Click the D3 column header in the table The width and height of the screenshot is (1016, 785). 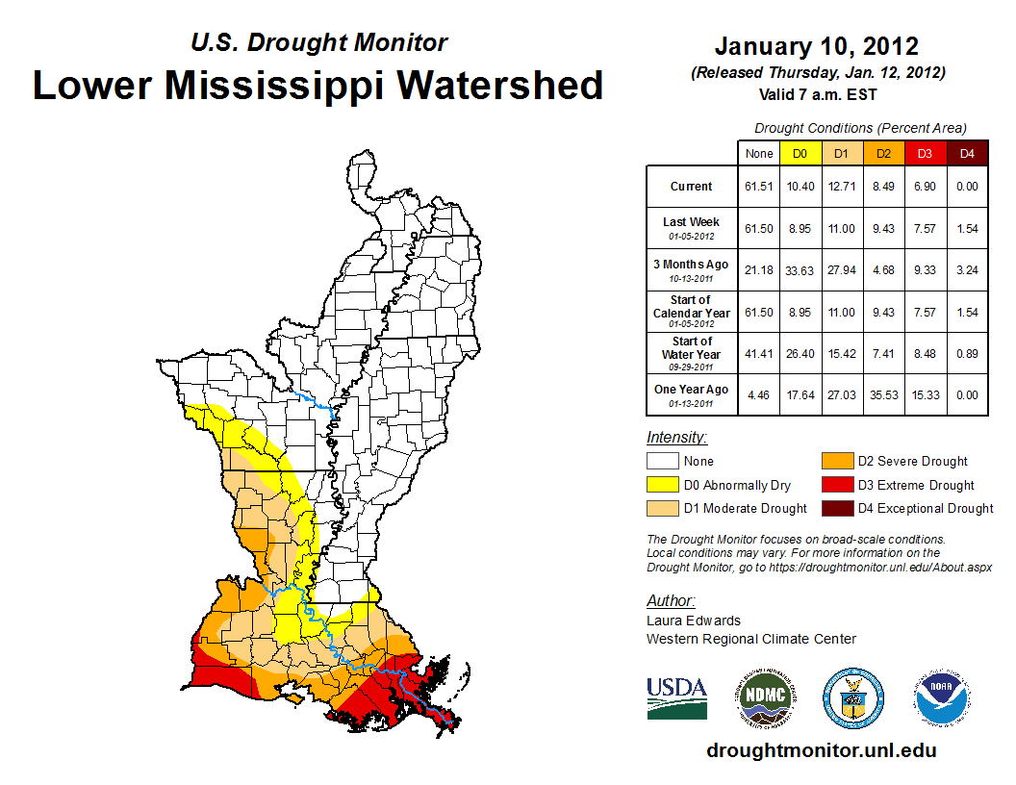[x=925, y=153]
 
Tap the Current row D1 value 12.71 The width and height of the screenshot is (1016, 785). [x=841, y=187]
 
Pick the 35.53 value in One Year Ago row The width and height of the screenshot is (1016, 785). [x=882, y=391]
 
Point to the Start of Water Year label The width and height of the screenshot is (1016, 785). [x=692, y=348]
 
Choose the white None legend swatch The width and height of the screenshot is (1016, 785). [x=662, y=462]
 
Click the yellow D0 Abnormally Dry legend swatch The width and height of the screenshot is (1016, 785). [x=662, y=485]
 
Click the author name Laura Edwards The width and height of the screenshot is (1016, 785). [x=693, y=620]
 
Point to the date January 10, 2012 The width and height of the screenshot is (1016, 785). [x=817, y=46]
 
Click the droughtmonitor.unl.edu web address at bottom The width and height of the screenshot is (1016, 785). [x=821, y=750]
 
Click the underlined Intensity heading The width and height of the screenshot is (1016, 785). [x=676, y=437]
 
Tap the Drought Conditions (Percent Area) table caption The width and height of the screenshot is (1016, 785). [x=860, y=128]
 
